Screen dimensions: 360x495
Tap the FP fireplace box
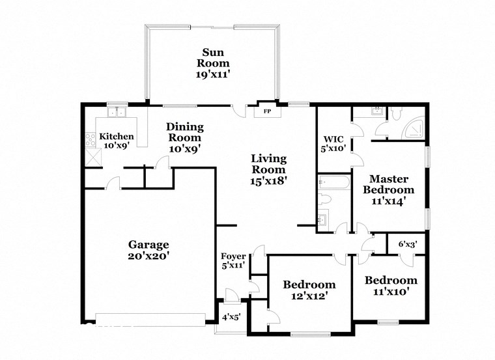click(267, 111)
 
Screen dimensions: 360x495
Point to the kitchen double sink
click(117, 112)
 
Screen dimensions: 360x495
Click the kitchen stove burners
click(89, 139)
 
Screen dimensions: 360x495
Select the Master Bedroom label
click(388, 184)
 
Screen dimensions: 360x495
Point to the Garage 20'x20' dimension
click(148, 256)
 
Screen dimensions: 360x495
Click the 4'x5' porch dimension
click(231, 318)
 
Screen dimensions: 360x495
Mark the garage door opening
click(150, 319)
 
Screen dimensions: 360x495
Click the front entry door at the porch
click(231, 295)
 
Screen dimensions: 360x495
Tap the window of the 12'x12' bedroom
click(309, 335)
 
